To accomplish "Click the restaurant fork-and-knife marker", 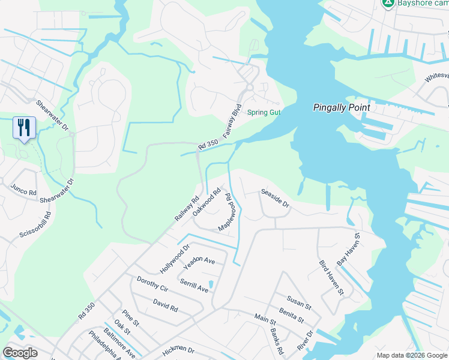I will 24,127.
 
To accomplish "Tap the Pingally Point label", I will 342,107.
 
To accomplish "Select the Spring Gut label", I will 264,112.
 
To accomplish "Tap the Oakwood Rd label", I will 208,203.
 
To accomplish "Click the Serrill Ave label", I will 194,286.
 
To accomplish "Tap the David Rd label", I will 165,305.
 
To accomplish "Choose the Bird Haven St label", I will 331,278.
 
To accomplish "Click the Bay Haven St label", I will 348,250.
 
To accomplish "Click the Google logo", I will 20,353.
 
